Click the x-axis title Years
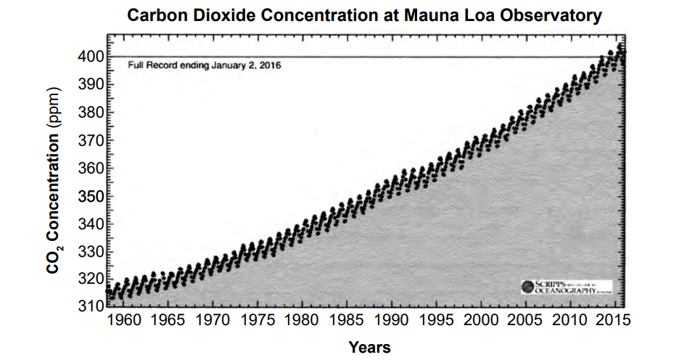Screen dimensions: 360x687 [369, 348]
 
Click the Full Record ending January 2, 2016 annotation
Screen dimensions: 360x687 [204, 65]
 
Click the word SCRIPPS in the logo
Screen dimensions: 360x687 [551, 283]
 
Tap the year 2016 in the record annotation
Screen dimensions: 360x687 [270, 65]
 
